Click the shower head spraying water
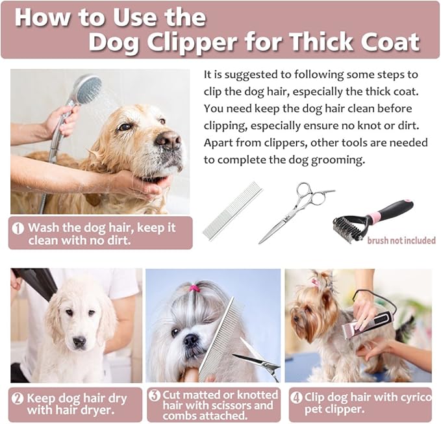click(x=88, y=89)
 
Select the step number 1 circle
click(x=18, y=228)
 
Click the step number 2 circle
click(x=18, y=399)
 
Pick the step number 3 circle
click(x=155, y=395)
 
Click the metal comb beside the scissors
click(x=232, y=211)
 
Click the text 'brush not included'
click(x=401, y=241)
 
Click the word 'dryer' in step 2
click(x=97, y=410)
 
